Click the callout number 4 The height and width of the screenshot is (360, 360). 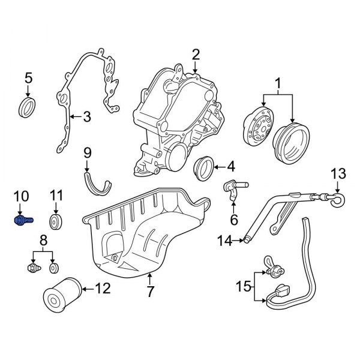click(x=230, y=166)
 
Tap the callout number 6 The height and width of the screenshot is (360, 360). click(x=234, y=220)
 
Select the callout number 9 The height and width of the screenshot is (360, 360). click(x=86, y=152)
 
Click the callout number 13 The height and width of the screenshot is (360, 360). click(x=338, y=174)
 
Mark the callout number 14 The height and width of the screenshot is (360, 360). click(x=224, y=241)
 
